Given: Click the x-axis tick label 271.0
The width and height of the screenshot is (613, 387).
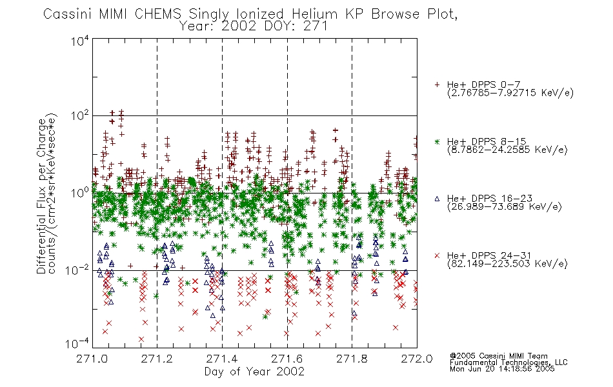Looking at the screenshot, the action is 92,359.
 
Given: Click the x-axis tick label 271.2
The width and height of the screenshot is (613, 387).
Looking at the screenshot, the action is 157,359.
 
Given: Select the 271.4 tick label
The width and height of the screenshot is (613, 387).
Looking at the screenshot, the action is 222,359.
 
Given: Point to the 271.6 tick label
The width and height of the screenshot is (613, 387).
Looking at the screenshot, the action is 287,359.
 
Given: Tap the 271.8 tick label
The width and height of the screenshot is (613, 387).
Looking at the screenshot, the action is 352,359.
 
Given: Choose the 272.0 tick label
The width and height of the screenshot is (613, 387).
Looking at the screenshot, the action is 417,359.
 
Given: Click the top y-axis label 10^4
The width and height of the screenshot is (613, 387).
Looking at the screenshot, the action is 80,41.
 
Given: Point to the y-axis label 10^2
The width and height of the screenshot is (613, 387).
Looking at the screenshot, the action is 80,116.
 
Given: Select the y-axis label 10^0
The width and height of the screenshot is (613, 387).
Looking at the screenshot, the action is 80,193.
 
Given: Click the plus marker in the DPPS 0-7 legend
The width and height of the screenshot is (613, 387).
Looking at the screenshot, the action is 437,84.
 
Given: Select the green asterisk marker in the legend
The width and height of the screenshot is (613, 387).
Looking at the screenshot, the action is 437,141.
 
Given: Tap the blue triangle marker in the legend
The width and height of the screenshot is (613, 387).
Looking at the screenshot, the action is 437,199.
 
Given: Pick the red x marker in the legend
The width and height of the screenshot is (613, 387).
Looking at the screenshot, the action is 437,255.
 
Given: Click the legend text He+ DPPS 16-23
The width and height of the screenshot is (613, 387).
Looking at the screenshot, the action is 490,199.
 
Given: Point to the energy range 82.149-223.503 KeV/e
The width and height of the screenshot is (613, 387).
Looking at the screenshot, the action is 507,264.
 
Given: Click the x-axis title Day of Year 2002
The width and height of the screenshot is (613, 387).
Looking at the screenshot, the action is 254,372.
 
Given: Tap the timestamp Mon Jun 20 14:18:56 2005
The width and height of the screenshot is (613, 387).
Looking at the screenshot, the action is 502,369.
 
